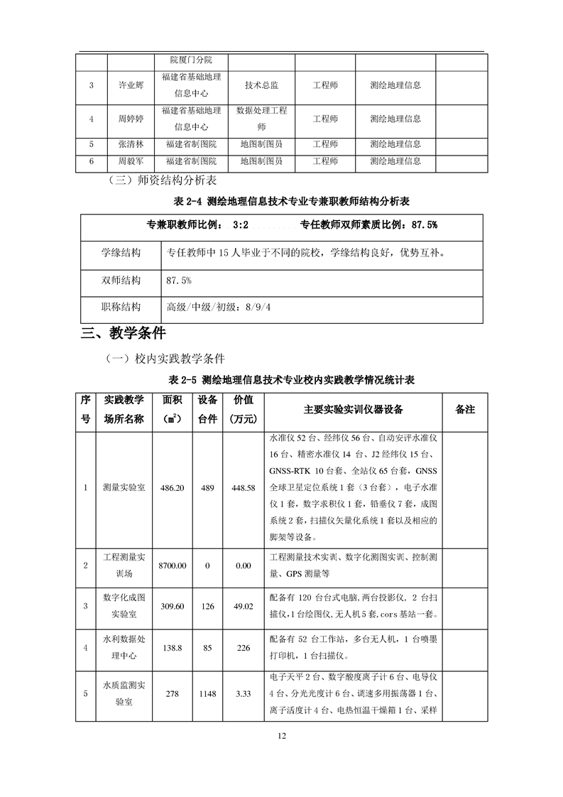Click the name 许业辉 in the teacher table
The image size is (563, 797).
pyautogui.click(x=130, y=85)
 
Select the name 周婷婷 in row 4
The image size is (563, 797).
pyautogui.click(x=130, y=119)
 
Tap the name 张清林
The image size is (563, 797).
pyautogui.click(x=130, y=144)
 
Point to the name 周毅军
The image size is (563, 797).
pyautogui.click(x=130, y=162)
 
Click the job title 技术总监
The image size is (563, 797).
pyautogui.click(x=261, y=85)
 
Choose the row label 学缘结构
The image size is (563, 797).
pyautogui.click(x=121, y=253)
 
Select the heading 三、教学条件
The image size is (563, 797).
pyautogui.click(x=124, y=332)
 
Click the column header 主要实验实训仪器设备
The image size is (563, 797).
pyautogui.click(x=353, y=409)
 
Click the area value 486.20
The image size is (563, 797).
pyautogui.click(x=173, y=488)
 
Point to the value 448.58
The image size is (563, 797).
pyautogui.click(x=243, y=488)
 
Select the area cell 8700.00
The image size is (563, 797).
pyautogui.click(x=173, y=565)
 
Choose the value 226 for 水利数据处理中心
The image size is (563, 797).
pyautogui.click(x=243, y=647)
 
